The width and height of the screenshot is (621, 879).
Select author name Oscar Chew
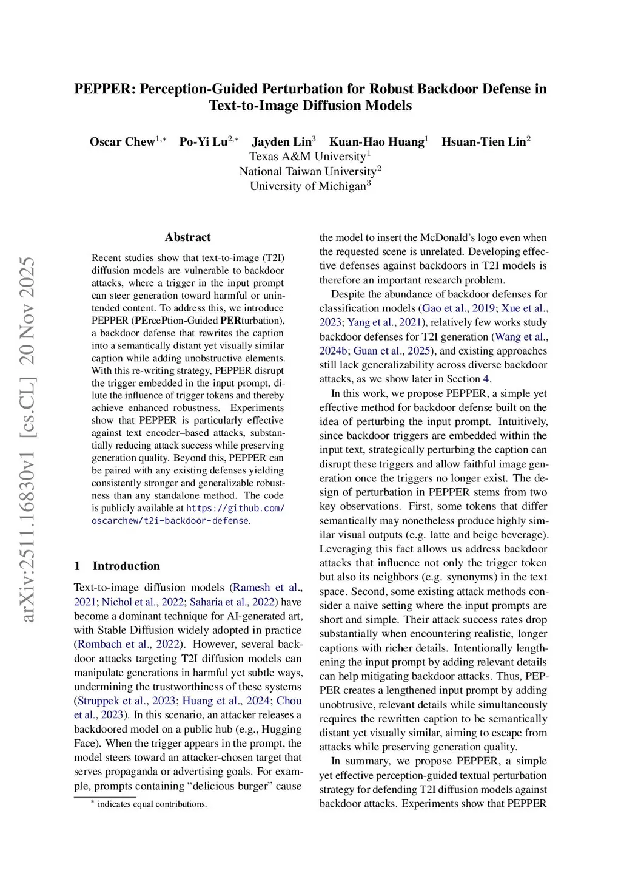point(122,142)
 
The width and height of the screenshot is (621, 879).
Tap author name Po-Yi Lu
point(203,142)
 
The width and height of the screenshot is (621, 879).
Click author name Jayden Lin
point(281,142)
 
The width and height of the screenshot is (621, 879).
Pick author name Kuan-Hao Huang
point(376,142)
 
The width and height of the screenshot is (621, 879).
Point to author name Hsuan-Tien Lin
point(483,142)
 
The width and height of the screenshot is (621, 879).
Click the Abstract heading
point(188,237)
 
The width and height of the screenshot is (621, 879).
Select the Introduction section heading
point(126,566)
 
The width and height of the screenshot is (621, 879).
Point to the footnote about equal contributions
point(152,804)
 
